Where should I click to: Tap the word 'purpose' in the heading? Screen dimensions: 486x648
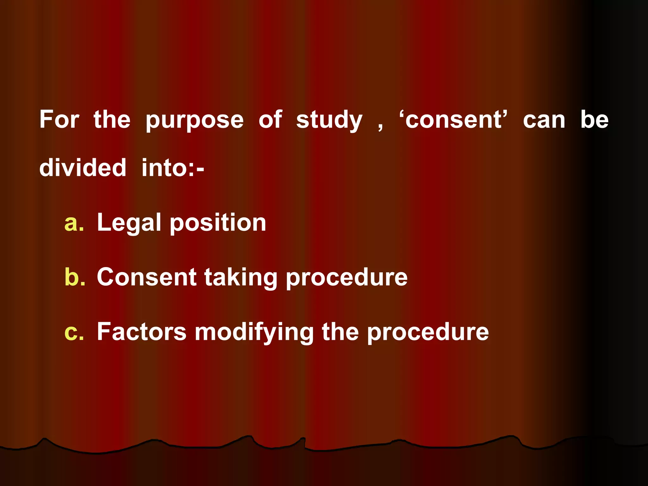(195, 121)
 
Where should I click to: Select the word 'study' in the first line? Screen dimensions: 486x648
(329, 121)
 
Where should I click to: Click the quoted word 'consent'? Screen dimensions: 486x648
(453, 120)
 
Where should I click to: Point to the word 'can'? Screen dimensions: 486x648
(544, 120)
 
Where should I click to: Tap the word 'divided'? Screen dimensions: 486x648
(83, 167)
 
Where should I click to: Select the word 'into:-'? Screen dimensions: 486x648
(173, 167)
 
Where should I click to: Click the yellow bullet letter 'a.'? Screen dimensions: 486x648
(74, 223)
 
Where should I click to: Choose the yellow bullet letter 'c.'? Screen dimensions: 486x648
(74, 332)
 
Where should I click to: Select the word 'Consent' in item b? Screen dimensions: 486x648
(146, 277)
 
